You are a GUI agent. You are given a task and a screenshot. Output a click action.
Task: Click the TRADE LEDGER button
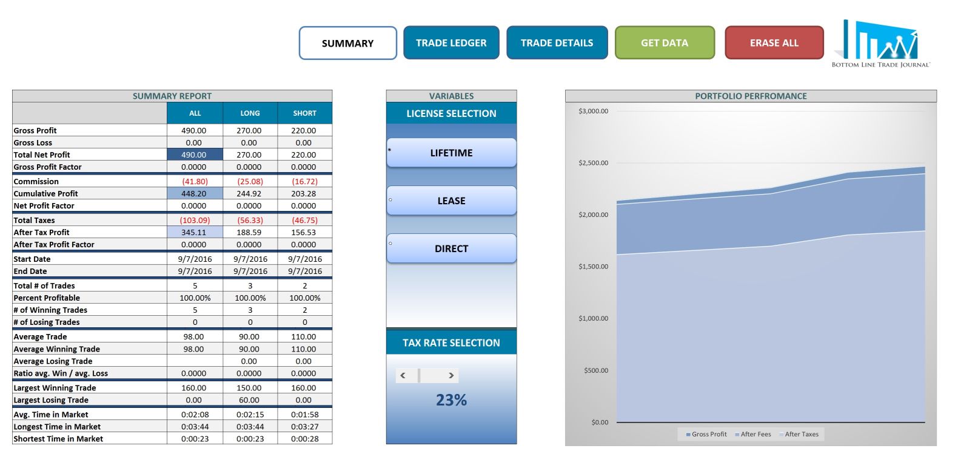tap(451, 43)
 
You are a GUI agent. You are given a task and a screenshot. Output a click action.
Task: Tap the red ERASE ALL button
tap(774, 43)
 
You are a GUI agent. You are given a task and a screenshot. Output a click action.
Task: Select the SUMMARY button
tap(347, 43)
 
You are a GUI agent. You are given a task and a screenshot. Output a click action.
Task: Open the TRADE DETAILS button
tap(557, 43)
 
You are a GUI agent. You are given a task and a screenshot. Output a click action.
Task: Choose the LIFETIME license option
tap(451, 153)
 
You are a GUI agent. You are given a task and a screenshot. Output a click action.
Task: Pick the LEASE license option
tap(451, 201)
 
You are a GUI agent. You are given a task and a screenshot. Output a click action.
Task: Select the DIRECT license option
tap(451, 249)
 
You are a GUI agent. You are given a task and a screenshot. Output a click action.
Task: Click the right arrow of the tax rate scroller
tap(451, 375)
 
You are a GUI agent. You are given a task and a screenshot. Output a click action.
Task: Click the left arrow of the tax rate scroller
tap(403, 375)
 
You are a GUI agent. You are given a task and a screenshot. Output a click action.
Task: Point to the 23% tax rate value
tap(451, 400)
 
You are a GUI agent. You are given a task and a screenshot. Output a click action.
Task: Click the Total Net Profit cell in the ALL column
tap(195, 155)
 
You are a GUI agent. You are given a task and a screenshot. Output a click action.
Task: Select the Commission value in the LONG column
tap(250, 181)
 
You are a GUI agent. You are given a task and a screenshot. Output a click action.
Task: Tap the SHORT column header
tap(304, 113)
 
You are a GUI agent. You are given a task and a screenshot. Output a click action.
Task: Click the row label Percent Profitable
tap(47, 298)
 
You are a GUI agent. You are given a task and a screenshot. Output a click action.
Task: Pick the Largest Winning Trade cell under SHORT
tap(304, 388)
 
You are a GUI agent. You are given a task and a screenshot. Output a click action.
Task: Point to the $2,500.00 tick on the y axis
tap(593, 163)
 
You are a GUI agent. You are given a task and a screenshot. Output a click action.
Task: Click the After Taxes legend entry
tap(799, 434)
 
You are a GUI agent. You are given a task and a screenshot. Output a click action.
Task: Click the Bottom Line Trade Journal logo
tap(880, 44)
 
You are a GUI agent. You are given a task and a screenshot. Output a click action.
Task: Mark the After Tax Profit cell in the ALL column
tap(195, 232)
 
